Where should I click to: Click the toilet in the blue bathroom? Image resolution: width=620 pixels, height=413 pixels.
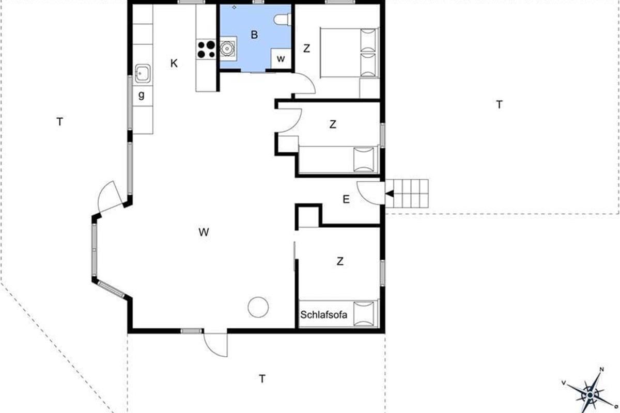tap(283, 20)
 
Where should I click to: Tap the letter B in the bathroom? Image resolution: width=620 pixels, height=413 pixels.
tap(254, 35)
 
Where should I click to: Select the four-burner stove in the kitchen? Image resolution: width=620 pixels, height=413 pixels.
tap(206, 49)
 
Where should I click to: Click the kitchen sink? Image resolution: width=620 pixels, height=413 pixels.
tap(143, 74)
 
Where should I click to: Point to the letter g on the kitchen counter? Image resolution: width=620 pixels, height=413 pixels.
tap(142, 95)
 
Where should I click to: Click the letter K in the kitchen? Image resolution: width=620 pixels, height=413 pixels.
tap(174, 63)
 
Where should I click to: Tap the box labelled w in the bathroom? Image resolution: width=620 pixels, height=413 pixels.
tap(281, 58)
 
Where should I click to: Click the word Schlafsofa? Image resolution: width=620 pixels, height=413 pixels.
tap(323, 315)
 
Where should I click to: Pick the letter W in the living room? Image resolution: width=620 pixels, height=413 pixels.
tap(204, 232)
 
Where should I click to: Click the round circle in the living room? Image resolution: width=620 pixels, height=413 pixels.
tap(258, 307)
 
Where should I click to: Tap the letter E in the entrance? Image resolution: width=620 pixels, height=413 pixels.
tap(346, 199)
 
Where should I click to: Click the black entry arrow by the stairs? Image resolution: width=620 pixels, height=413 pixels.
tap(390, 194)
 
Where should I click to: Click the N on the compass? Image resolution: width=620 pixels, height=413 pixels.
tap(601, 370)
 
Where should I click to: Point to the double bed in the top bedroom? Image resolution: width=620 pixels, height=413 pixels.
tap(350, 52)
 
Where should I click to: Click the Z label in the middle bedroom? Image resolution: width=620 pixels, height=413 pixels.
tap(333, 124)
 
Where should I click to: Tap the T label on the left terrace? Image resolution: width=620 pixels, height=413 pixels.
tap(60, 121)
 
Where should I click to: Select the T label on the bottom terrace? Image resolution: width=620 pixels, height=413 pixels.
tap(262, 379)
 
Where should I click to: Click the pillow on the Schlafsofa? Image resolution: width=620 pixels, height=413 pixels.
tap(364, 314)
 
